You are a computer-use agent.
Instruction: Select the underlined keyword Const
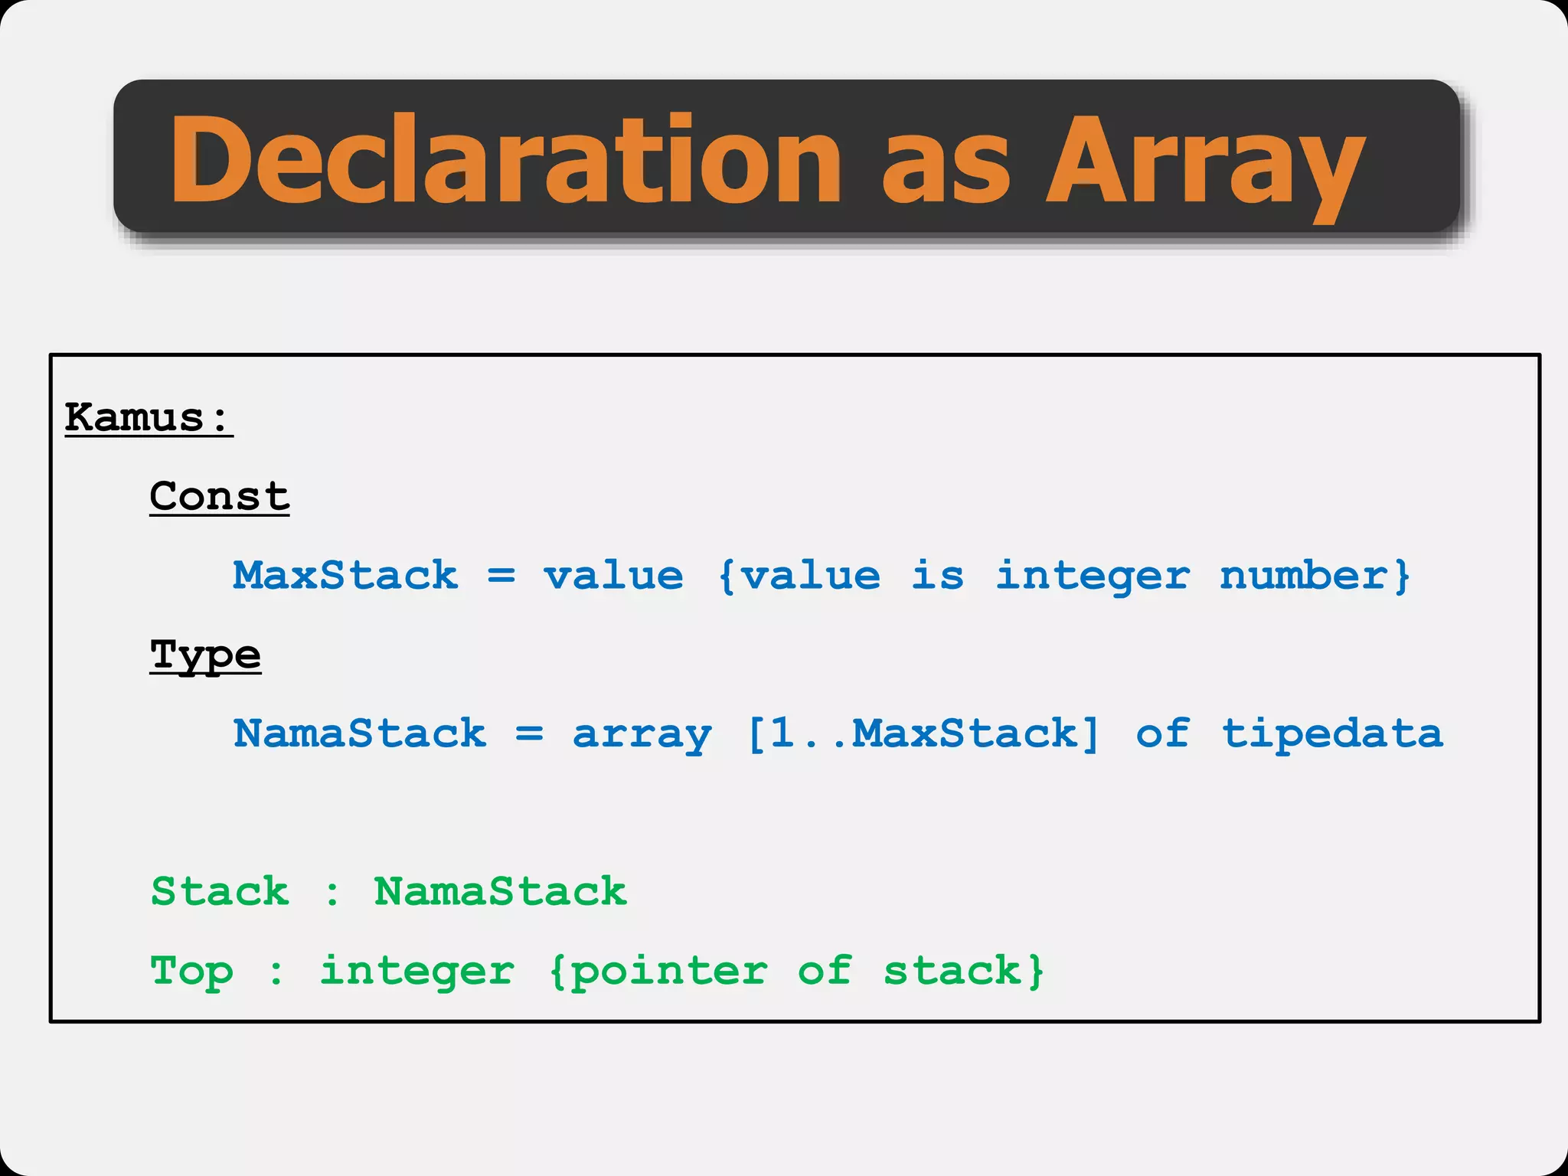(x=220, y=496)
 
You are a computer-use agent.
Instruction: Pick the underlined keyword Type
(x=205, y=655)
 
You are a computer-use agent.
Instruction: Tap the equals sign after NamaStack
(x=529, y=733)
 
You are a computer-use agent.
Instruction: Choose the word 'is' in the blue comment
(x=938, y=575)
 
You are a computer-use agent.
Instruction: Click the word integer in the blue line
(x=1093, y=577)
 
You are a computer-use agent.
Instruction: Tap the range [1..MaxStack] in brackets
(x=923, y=733)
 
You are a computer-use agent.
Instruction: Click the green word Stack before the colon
(x=220, y=891)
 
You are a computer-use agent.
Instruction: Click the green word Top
(x=191, y=972)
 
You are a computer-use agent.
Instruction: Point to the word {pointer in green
(x=658, y=972)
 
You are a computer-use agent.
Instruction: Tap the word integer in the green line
(x=417, y=972)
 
